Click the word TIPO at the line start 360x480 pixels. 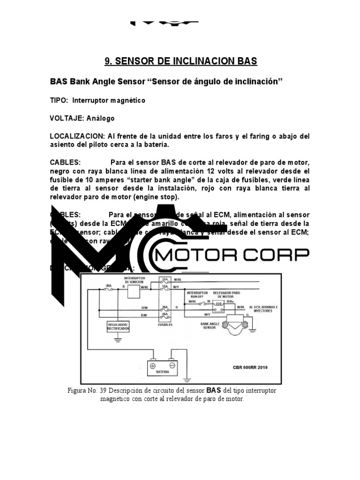59,100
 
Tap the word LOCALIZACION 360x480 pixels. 77,136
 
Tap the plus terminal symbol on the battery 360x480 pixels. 152,364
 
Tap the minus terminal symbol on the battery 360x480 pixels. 172,364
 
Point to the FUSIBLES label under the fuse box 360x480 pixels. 165,324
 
